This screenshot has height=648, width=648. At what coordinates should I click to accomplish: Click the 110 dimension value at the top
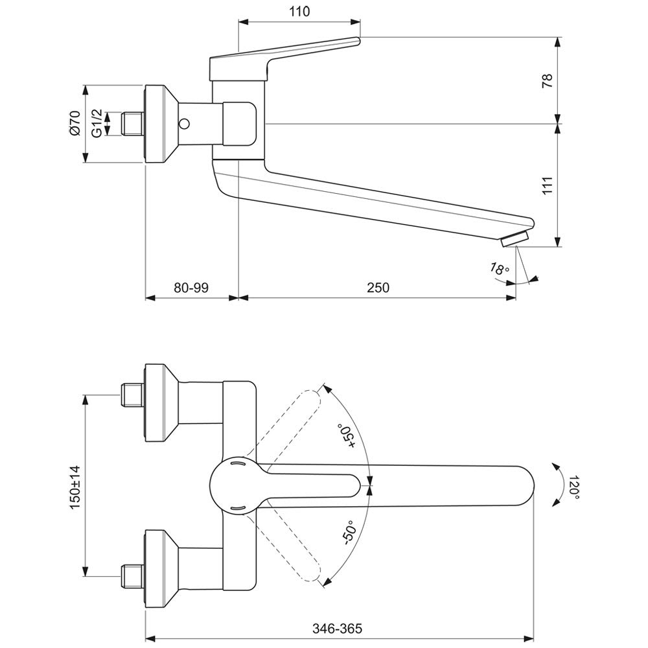pyautogui.click(x=299, y=12)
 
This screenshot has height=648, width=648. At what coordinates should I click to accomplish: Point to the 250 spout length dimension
pyautogui.click(x=378, y=287)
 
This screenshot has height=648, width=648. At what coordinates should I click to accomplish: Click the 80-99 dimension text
pyautogui.click(x=191, y=287)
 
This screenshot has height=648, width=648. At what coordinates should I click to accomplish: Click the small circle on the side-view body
pyautogui.click(x=185, y=123)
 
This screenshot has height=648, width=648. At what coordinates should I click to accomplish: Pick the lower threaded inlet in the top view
pyautogui.click(x=132, y=572)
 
